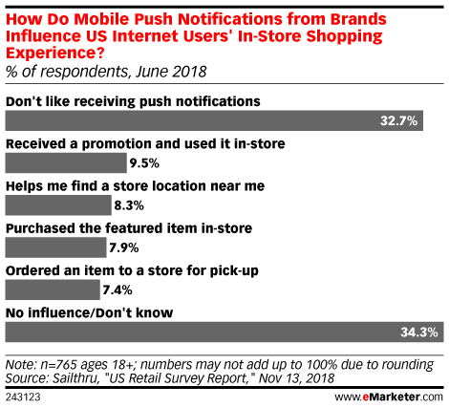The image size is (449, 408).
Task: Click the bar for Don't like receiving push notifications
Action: point(214,120)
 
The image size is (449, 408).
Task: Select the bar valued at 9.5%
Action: point(66,162)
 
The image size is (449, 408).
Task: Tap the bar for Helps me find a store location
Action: point(58,205)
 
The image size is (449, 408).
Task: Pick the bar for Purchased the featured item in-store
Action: point(55,247)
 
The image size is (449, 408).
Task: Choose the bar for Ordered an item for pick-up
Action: point(53,290)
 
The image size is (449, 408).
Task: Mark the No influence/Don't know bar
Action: point(224,333)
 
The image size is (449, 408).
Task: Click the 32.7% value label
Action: point(398,120)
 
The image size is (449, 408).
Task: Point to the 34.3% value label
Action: point(419,333)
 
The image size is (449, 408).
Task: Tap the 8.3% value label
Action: point(129,205)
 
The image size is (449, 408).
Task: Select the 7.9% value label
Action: point(124,247)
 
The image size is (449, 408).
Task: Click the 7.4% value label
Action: point(118,290)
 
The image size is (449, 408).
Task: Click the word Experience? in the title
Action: point(55,54)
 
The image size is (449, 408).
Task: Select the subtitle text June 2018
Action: point(171,72)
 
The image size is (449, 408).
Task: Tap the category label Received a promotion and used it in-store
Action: point(145,144)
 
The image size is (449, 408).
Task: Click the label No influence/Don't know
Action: point(90,312)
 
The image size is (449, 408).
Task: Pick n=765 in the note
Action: point(56,365)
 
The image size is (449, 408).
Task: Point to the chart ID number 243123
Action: point(23,397)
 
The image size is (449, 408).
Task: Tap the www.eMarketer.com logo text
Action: point(389,397)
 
